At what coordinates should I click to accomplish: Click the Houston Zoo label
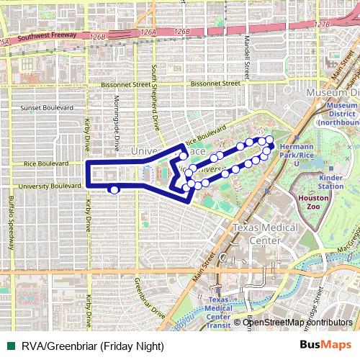[313, 202]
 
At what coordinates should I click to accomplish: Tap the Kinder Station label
[330, 181]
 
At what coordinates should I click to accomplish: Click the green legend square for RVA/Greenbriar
[11, 346]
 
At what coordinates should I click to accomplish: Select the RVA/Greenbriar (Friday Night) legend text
[92, 346]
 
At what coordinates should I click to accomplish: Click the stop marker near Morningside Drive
[114, 189]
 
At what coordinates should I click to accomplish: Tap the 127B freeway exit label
[322, 24]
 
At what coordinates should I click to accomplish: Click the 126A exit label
[148, 32]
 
